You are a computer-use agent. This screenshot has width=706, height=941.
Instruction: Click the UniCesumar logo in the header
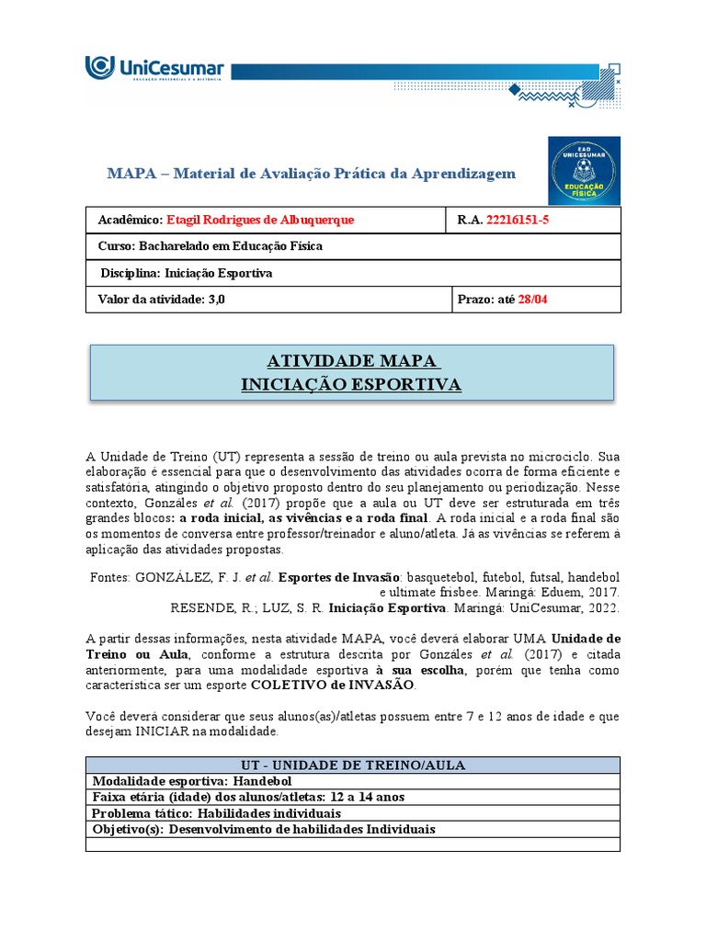[154, 70]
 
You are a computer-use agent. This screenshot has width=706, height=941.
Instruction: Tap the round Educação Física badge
[584, 171]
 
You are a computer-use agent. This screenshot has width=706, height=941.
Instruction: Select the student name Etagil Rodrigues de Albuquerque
[259, 221]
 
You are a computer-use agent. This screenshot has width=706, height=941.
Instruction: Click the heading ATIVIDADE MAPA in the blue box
[351, 360]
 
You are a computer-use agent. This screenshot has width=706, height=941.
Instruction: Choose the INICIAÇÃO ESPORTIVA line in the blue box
[351, 384]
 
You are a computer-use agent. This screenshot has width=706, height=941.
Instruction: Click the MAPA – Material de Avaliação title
[311, 174]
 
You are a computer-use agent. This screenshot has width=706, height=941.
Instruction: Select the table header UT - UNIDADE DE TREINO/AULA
[352, 765]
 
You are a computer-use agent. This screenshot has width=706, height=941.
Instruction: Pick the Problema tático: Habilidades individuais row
[216, 813]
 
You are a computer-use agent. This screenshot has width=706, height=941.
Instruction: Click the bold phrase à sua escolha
[421, 670]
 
